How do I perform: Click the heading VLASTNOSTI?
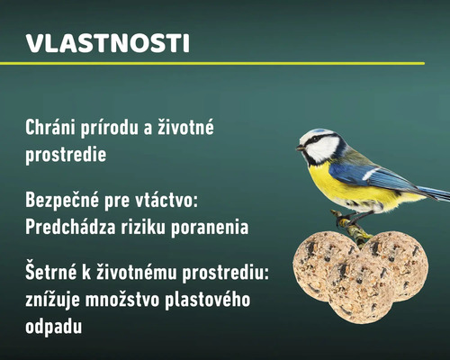107,43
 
